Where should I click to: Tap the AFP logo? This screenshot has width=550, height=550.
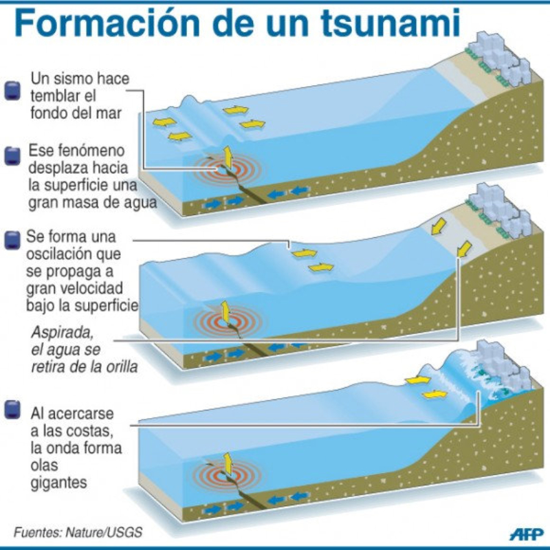[525, 533]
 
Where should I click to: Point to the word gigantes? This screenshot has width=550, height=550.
[59, 483]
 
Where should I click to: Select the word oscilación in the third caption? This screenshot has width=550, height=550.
[60, 254]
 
